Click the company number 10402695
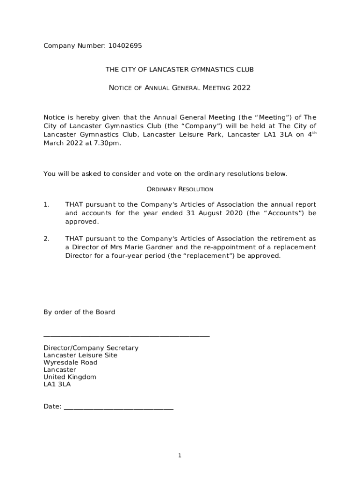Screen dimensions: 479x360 pyautogui.click(x=125, y=46)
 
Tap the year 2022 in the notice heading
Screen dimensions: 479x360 pyautogui.click(x=242, y=87)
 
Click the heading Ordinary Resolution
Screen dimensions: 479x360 pyautogui.click(x=180, y=189)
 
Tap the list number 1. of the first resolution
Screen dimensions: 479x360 pyautogui.click(x=46, y=204)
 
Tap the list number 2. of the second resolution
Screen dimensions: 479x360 pyautogui.click(x=46, y=239)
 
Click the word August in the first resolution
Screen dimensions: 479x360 pyautogui.click(x=201, y=213)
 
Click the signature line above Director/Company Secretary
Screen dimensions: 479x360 pyautogui.click(x=126, y=336)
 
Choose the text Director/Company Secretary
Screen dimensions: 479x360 pyautogui.click(x=91, y=348)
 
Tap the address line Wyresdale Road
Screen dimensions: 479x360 pyautogui.click(x=70, y=363)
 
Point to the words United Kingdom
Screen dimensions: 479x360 pyautogui.click(x=70, y=377)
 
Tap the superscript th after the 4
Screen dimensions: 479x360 pyautogui.click(x=315, y=133)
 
